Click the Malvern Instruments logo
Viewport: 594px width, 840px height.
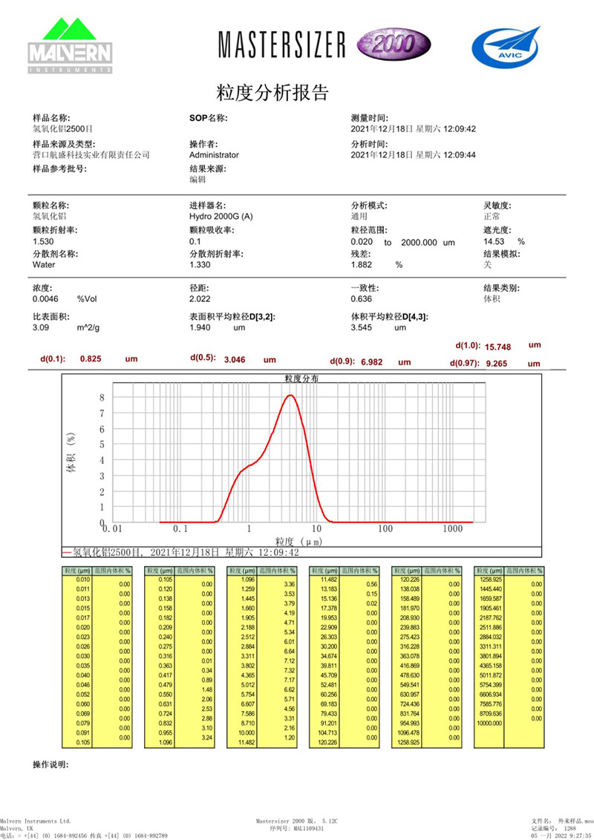click(x=70, y=46)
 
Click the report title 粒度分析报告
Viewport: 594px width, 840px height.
click(x=272, y=93)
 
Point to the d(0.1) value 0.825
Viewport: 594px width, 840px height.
click(x=90, y=358)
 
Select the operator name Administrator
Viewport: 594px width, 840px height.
click(x=214, y=155)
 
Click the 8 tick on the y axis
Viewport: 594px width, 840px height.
click(x=103, y=397)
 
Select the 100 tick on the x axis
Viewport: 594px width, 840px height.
click(x=385, y=529)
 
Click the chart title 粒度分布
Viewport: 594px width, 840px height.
click(x=301, y=378)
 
